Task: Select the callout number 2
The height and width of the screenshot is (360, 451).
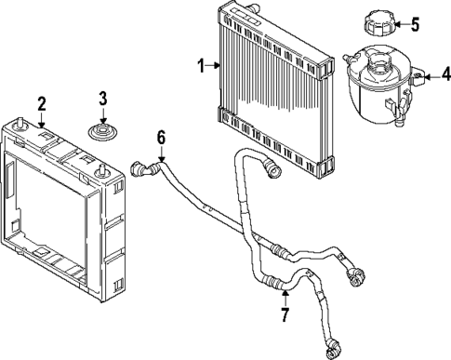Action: coord(41,101)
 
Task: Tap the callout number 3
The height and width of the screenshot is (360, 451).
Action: coord(103,98)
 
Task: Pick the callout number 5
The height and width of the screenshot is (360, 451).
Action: coord(416,22)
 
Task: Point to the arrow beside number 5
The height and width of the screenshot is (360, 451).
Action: coord(401,22)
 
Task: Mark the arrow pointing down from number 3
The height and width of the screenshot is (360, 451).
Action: coord(103,115)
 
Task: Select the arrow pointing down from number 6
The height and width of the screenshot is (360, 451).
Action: coord(162,154)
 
